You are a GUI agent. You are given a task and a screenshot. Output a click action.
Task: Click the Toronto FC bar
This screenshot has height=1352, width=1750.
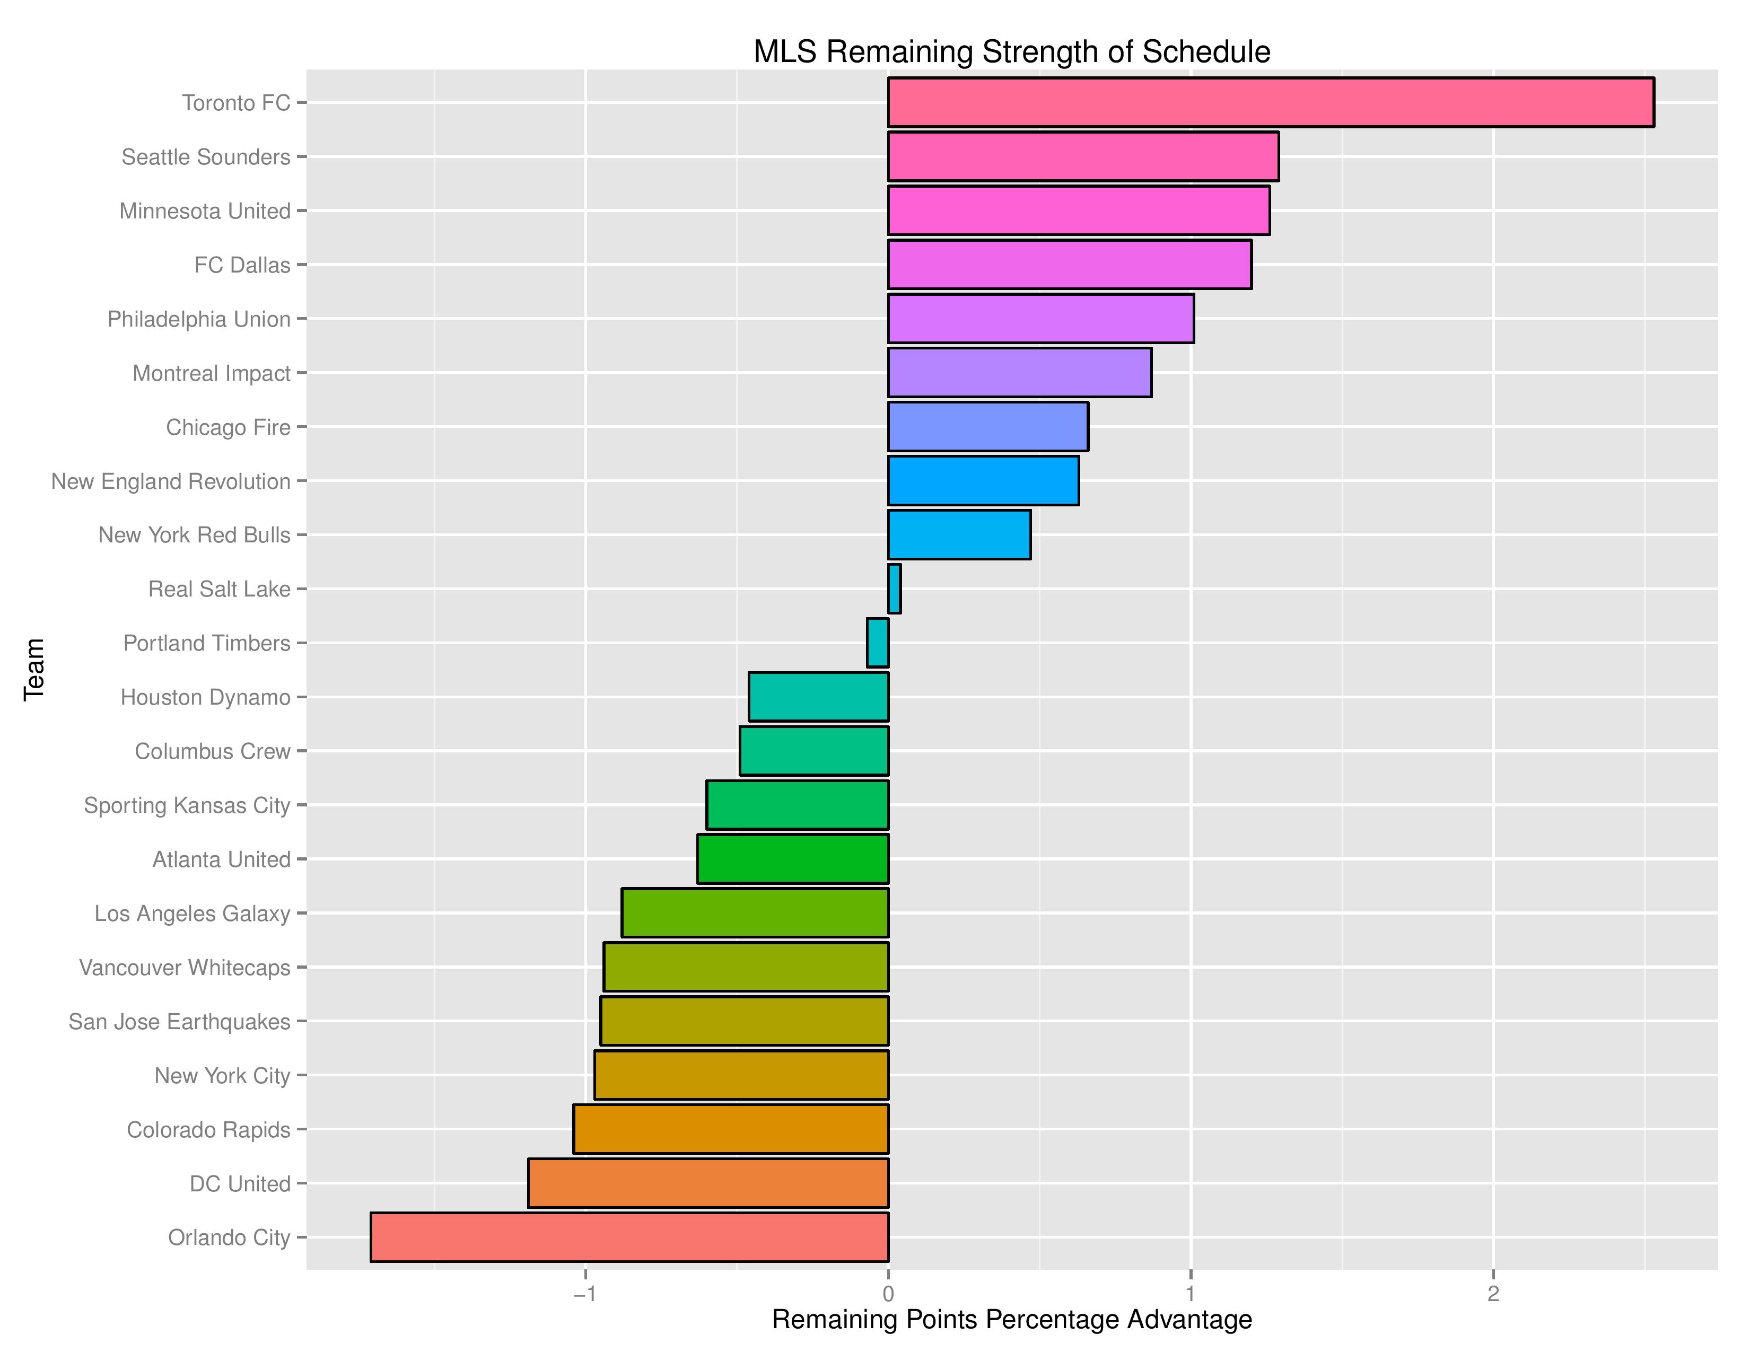(1270, 102)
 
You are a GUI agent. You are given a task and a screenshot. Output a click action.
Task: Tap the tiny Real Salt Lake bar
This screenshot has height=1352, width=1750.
(894, 589)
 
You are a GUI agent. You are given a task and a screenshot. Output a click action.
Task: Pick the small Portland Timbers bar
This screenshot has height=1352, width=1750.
(878, 643)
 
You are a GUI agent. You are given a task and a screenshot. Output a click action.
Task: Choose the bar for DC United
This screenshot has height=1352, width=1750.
(708, 1183)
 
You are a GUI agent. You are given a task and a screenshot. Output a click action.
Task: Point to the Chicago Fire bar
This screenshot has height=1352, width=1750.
(987, 427)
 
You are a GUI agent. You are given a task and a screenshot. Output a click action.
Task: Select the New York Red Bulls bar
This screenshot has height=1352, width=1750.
(959, 534)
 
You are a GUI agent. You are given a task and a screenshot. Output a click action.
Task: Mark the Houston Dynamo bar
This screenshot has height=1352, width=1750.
(818, 697)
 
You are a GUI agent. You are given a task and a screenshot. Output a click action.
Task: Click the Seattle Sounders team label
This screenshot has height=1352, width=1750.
(206, 157)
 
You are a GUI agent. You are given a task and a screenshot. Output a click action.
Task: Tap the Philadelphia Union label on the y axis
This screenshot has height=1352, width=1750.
(199, 319)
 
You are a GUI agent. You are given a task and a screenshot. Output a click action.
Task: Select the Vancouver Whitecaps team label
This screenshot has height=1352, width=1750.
(185, 968)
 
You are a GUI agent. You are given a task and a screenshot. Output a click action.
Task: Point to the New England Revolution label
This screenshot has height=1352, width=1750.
(171, 481)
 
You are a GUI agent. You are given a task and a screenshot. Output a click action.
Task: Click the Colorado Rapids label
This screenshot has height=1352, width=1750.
(208, 1129)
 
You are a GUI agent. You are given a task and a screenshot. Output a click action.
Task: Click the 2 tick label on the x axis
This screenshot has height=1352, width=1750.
(1493, 1294)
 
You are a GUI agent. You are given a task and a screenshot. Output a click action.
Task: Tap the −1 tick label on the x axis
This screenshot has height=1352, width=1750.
(584, 1294)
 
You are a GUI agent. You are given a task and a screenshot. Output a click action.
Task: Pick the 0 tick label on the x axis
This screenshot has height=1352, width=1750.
(888, 1294)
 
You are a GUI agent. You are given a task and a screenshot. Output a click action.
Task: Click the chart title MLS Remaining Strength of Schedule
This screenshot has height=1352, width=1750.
(1011, 52)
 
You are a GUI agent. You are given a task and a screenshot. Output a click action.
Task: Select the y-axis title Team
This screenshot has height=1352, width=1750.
(33, 670)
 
